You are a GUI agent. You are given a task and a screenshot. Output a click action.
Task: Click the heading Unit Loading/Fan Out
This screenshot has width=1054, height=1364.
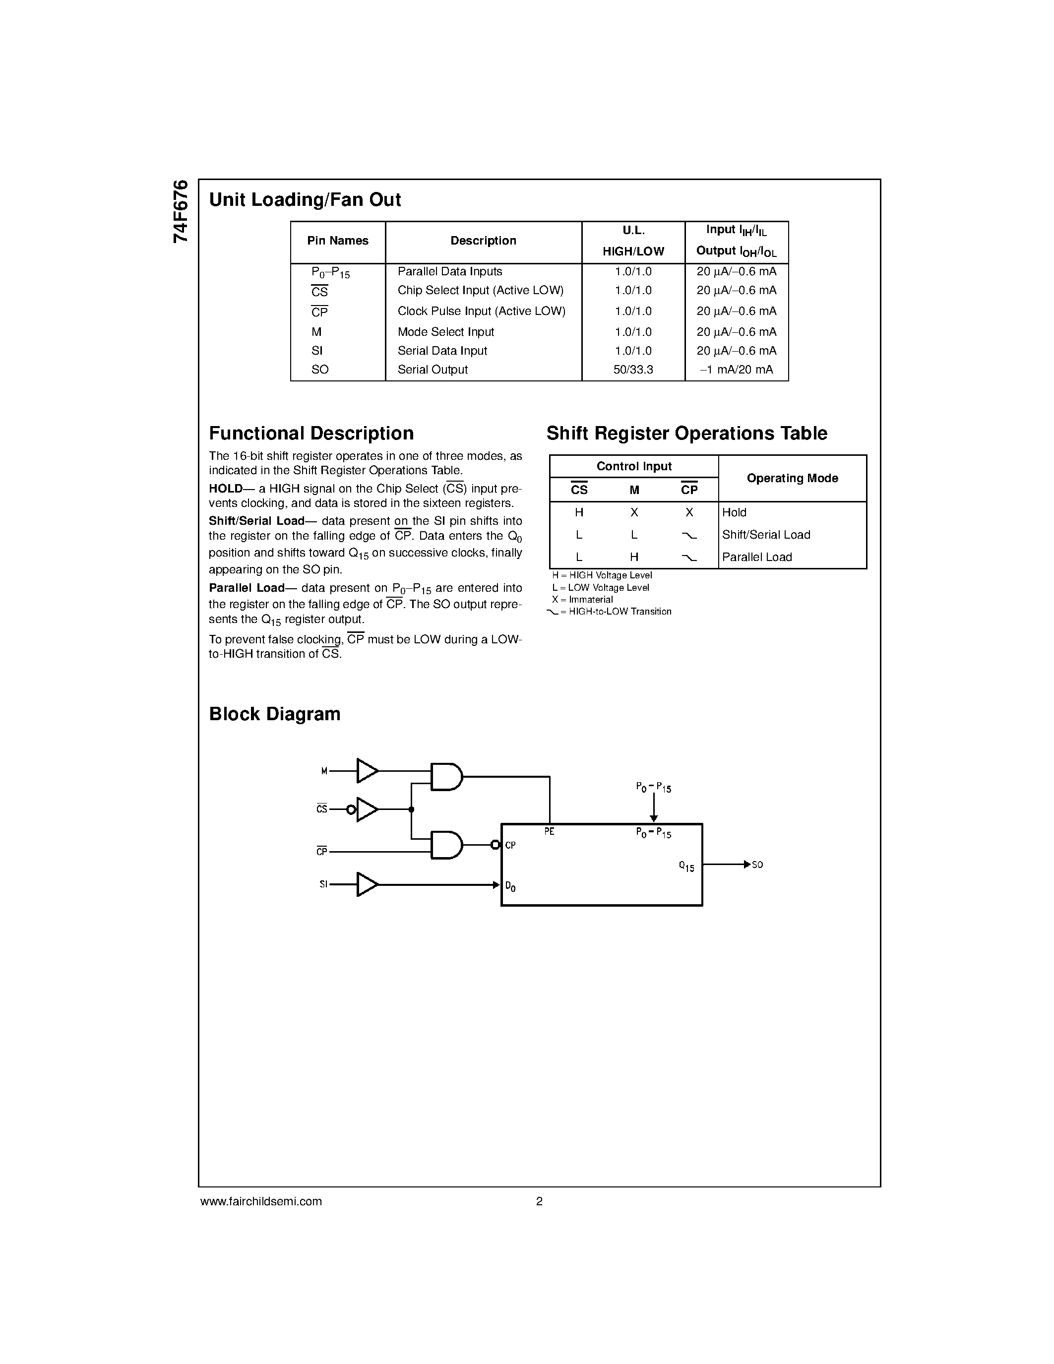tap(305, 200)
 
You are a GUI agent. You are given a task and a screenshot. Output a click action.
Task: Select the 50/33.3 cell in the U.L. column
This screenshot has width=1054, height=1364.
tap(633, 370)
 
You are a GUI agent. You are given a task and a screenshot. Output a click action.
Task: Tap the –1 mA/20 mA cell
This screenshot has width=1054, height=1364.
tap(737, 370)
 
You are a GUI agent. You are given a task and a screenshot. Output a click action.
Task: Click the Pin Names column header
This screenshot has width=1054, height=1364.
tap(338, 241)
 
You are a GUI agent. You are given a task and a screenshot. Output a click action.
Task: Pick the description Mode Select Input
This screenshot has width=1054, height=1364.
tap(446, 332)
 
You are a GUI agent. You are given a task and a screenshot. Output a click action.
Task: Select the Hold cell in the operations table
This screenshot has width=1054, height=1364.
tap(734, 513)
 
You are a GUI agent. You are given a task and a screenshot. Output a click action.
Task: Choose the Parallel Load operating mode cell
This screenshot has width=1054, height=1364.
tap(757, 557)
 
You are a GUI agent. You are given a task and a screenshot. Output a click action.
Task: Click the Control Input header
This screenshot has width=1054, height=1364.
tap(634, 467)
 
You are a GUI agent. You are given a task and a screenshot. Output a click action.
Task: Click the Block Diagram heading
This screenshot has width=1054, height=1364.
tap(275, 714)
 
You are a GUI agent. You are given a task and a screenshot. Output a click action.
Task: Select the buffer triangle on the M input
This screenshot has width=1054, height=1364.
tap(367, 771)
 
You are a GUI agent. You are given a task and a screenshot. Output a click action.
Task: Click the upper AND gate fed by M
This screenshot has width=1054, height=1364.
tap(446, 776)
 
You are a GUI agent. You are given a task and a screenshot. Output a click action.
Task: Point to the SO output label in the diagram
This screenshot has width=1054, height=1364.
tap(757, 865)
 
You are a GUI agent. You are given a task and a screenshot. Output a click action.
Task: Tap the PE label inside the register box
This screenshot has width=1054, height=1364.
tap(550, 832)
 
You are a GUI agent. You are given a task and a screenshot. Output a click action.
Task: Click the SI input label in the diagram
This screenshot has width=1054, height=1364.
tap(323, 884)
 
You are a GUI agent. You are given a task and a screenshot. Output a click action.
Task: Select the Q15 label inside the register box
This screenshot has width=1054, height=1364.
tap(686, 867)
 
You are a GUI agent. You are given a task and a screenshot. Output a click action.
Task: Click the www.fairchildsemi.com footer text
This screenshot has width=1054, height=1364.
tap(261, 1201)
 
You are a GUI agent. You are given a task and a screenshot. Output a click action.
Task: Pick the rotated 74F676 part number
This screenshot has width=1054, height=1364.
tap(181, 211)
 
